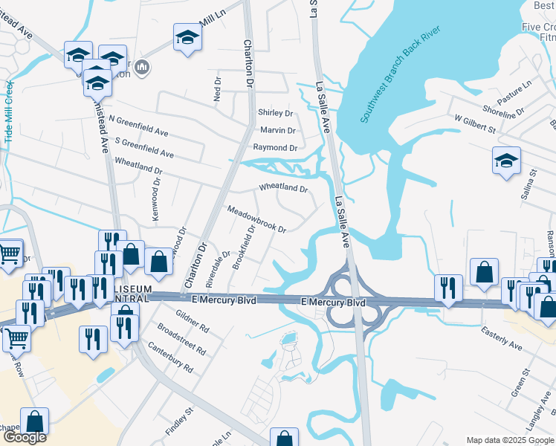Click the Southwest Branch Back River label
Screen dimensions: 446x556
401,74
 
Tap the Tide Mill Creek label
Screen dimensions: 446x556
10,116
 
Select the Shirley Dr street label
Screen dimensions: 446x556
275,113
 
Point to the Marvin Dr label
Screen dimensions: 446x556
278,130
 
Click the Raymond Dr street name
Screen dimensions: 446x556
274,147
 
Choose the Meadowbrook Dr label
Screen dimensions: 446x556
256,219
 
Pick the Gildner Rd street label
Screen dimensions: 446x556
193,322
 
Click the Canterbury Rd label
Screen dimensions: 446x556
170,358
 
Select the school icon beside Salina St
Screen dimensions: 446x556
506,160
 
